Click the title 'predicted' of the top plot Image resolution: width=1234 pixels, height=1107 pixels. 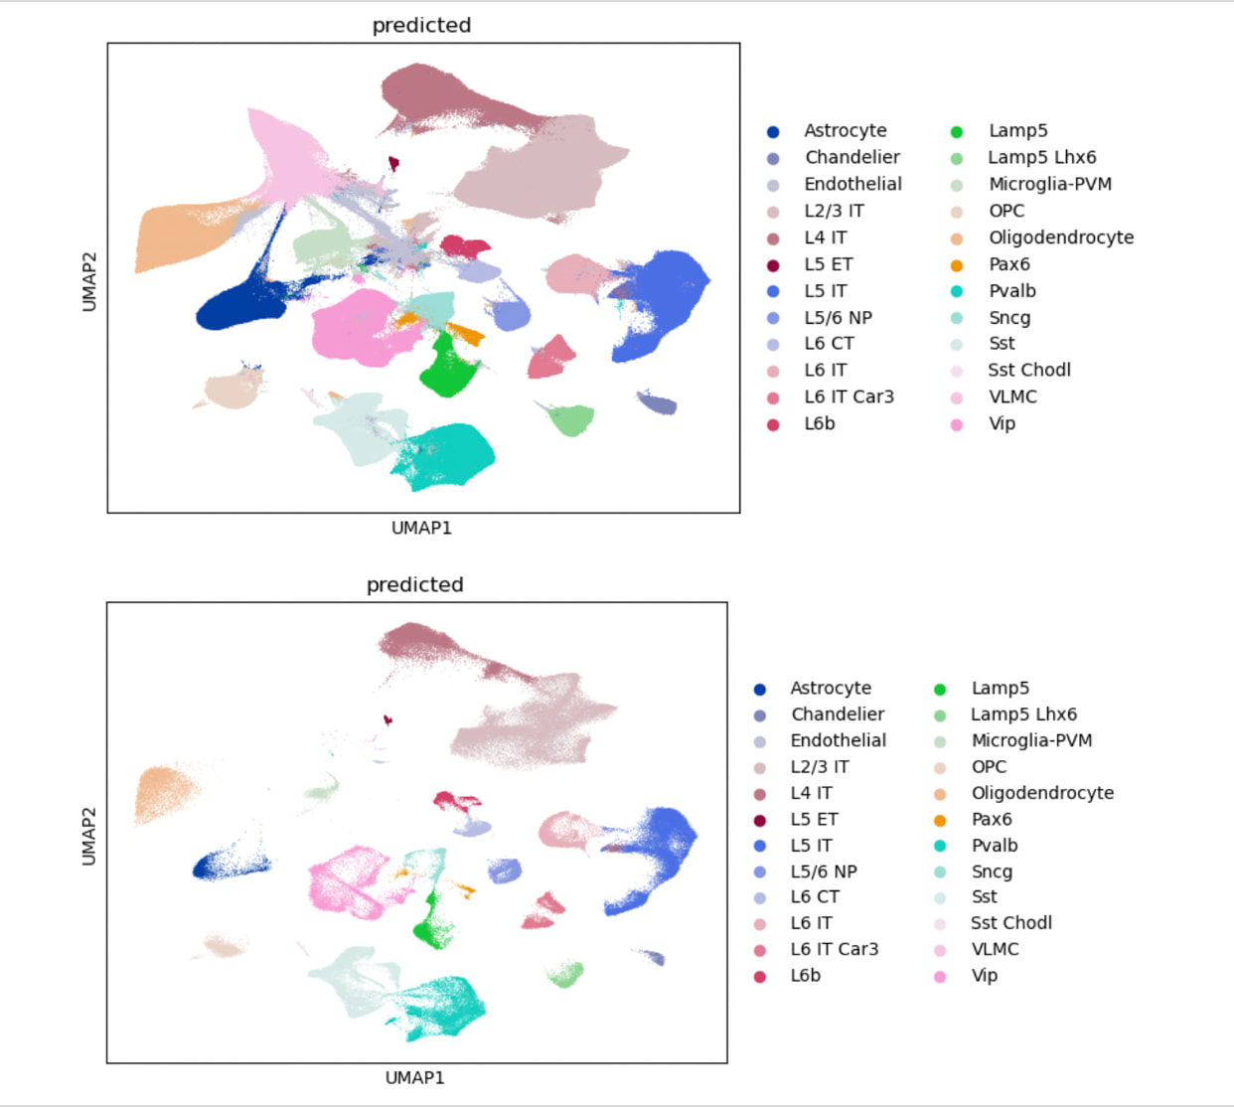[421, 26]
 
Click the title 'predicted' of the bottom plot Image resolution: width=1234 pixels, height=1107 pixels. [414, 584]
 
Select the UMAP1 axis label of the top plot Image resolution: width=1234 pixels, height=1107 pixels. [421, 528]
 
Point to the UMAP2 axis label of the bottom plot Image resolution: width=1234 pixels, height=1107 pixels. [89, 836]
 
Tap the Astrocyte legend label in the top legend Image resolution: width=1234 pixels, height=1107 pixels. [845, 131]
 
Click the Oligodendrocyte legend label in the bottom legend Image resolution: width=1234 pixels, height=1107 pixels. [1042, 793]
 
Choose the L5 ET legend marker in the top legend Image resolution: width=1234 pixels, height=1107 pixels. [773, 265]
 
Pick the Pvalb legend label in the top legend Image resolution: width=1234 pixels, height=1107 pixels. [1011, 291]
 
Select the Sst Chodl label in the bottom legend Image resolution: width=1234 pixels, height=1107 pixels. [1010, 923]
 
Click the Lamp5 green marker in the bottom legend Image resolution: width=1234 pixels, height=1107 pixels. [940, 689]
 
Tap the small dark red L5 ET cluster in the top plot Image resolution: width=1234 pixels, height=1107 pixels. [393, 163]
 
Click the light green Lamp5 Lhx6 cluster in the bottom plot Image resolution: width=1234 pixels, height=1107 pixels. [566, 974]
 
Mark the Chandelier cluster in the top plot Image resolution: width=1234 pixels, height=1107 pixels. [657, 402]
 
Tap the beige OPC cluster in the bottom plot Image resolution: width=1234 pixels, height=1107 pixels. [225, 946]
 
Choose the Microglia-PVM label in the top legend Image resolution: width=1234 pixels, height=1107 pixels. [1049, 184]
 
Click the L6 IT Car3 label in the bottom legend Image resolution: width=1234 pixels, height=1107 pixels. [834, 949]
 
